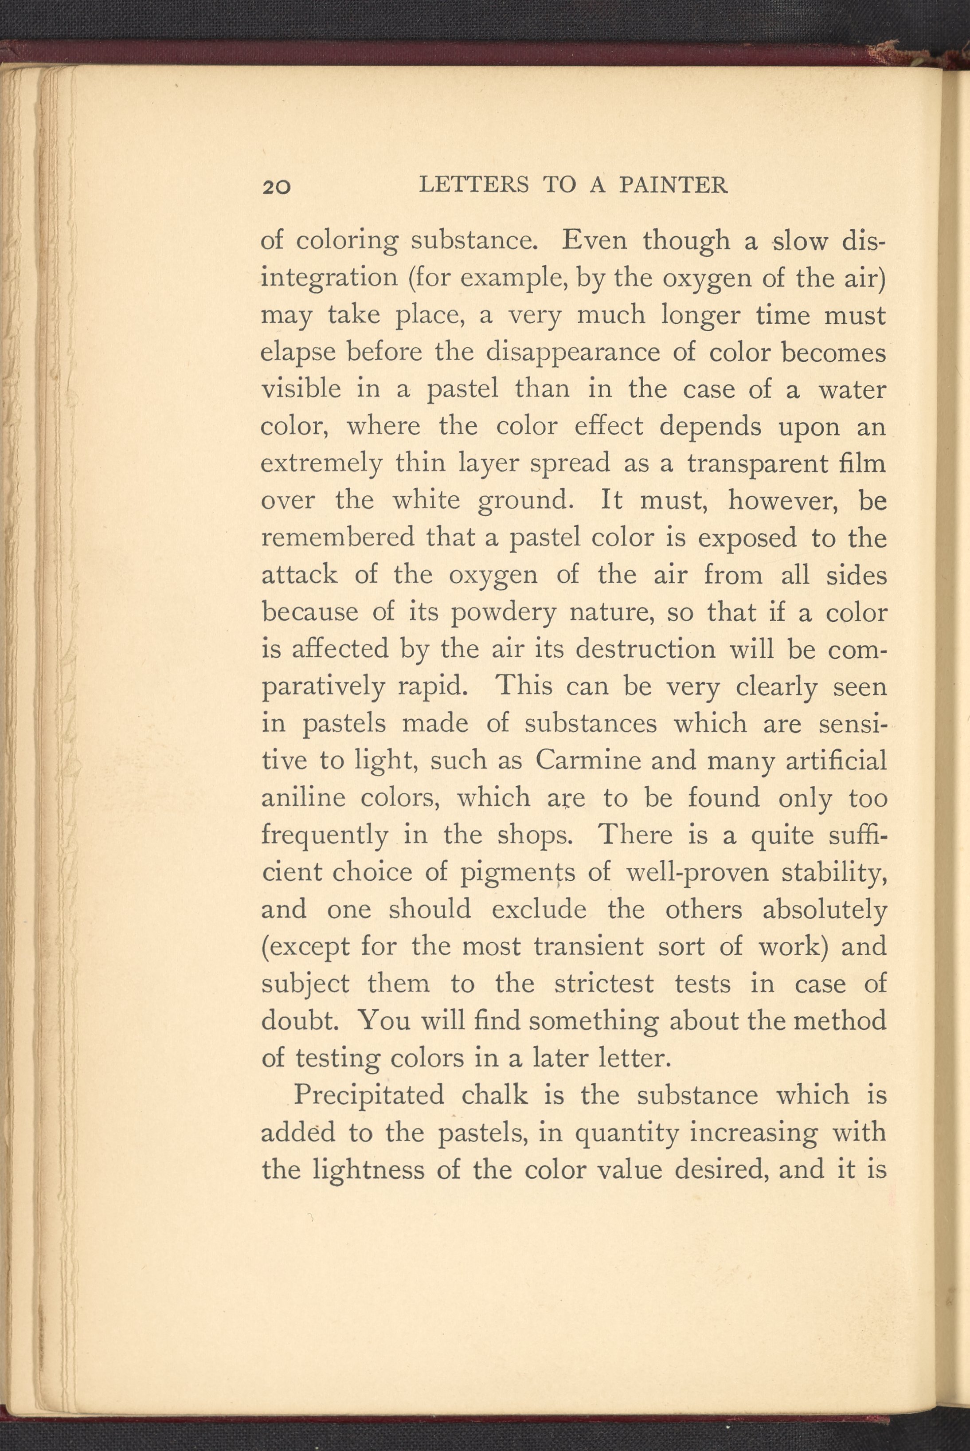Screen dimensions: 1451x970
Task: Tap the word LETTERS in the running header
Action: [x=474, y=185]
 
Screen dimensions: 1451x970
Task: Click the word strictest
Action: [x=604, y=983]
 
